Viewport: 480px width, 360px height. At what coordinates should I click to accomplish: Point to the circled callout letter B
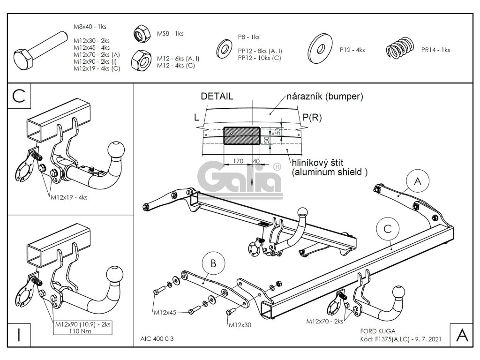click(x=213, y=264)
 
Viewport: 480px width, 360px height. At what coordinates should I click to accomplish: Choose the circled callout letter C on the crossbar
click(x=388, y=229)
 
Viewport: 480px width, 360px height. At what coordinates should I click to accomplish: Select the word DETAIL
click(x=217, y=97)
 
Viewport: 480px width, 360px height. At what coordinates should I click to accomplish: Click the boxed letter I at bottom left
click(x=18, y=335)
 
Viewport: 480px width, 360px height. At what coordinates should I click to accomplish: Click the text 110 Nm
click(x=85, y=330)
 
